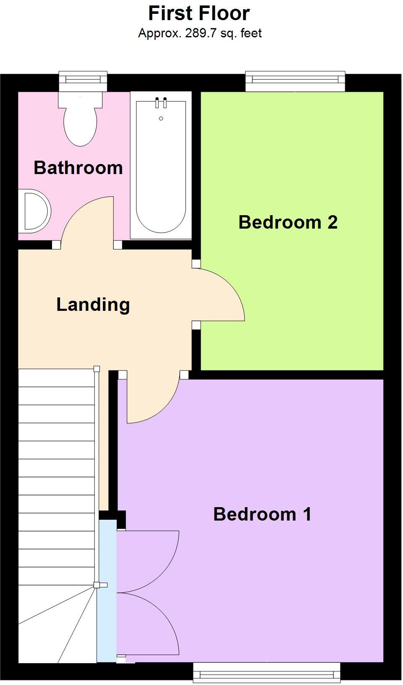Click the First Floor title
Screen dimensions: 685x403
199,13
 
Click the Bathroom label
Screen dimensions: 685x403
78,168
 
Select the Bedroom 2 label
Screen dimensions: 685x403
288,222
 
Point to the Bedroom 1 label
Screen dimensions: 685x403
262,514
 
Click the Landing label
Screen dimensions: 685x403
93,305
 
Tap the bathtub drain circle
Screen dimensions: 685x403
161,119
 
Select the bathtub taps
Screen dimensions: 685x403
161,102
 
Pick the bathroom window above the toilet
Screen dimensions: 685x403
83,81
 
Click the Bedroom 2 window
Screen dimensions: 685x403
295,81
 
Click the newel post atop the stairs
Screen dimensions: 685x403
97,369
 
